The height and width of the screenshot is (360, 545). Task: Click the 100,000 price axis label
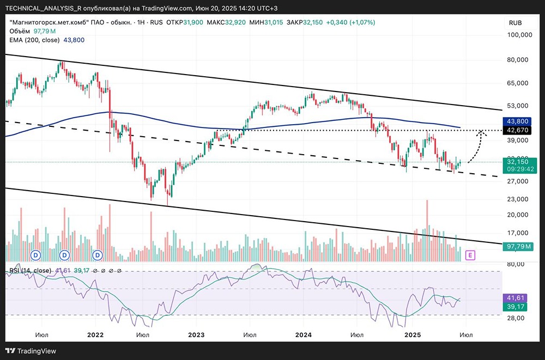(519, 35)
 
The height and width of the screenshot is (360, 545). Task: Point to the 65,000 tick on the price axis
(519, 83)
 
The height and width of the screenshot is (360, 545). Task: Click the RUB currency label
(516, 22)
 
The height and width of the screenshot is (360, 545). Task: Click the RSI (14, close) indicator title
(31, 271)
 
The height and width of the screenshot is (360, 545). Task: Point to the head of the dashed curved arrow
(481, 131)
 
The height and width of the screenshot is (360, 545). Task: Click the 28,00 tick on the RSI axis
(516, 318)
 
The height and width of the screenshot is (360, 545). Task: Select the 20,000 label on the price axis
(519, 215)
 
